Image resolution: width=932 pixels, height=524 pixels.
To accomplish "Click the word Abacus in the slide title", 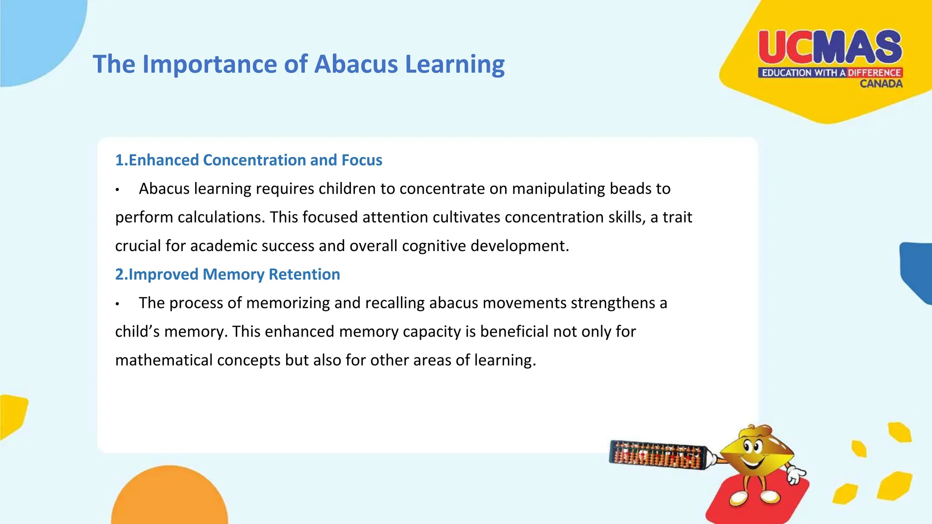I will (x=355, y=64).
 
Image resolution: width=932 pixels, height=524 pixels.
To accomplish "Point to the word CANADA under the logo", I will (x=881, y=84).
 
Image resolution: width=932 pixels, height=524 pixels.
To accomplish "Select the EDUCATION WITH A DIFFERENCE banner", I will (x=830, y=73).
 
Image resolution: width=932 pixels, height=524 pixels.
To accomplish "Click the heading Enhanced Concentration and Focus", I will (x=248, y=160).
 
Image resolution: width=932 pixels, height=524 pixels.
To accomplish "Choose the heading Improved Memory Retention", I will (x=228, y=274).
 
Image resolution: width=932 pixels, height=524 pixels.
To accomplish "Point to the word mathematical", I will (x=164, y=360).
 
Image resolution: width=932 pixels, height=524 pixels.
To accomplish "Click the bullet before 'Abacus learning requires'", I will (x=117, y=190).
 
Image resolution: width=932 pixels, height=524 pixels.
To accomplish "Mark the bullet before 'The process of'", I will (x=117, y=304).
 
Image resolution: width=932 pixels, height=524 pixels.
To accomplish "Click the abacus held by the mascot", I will (x=658, y=455).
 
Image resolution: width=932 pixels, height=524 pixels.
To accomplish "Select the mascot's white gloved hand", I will (x=795, y=475).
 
